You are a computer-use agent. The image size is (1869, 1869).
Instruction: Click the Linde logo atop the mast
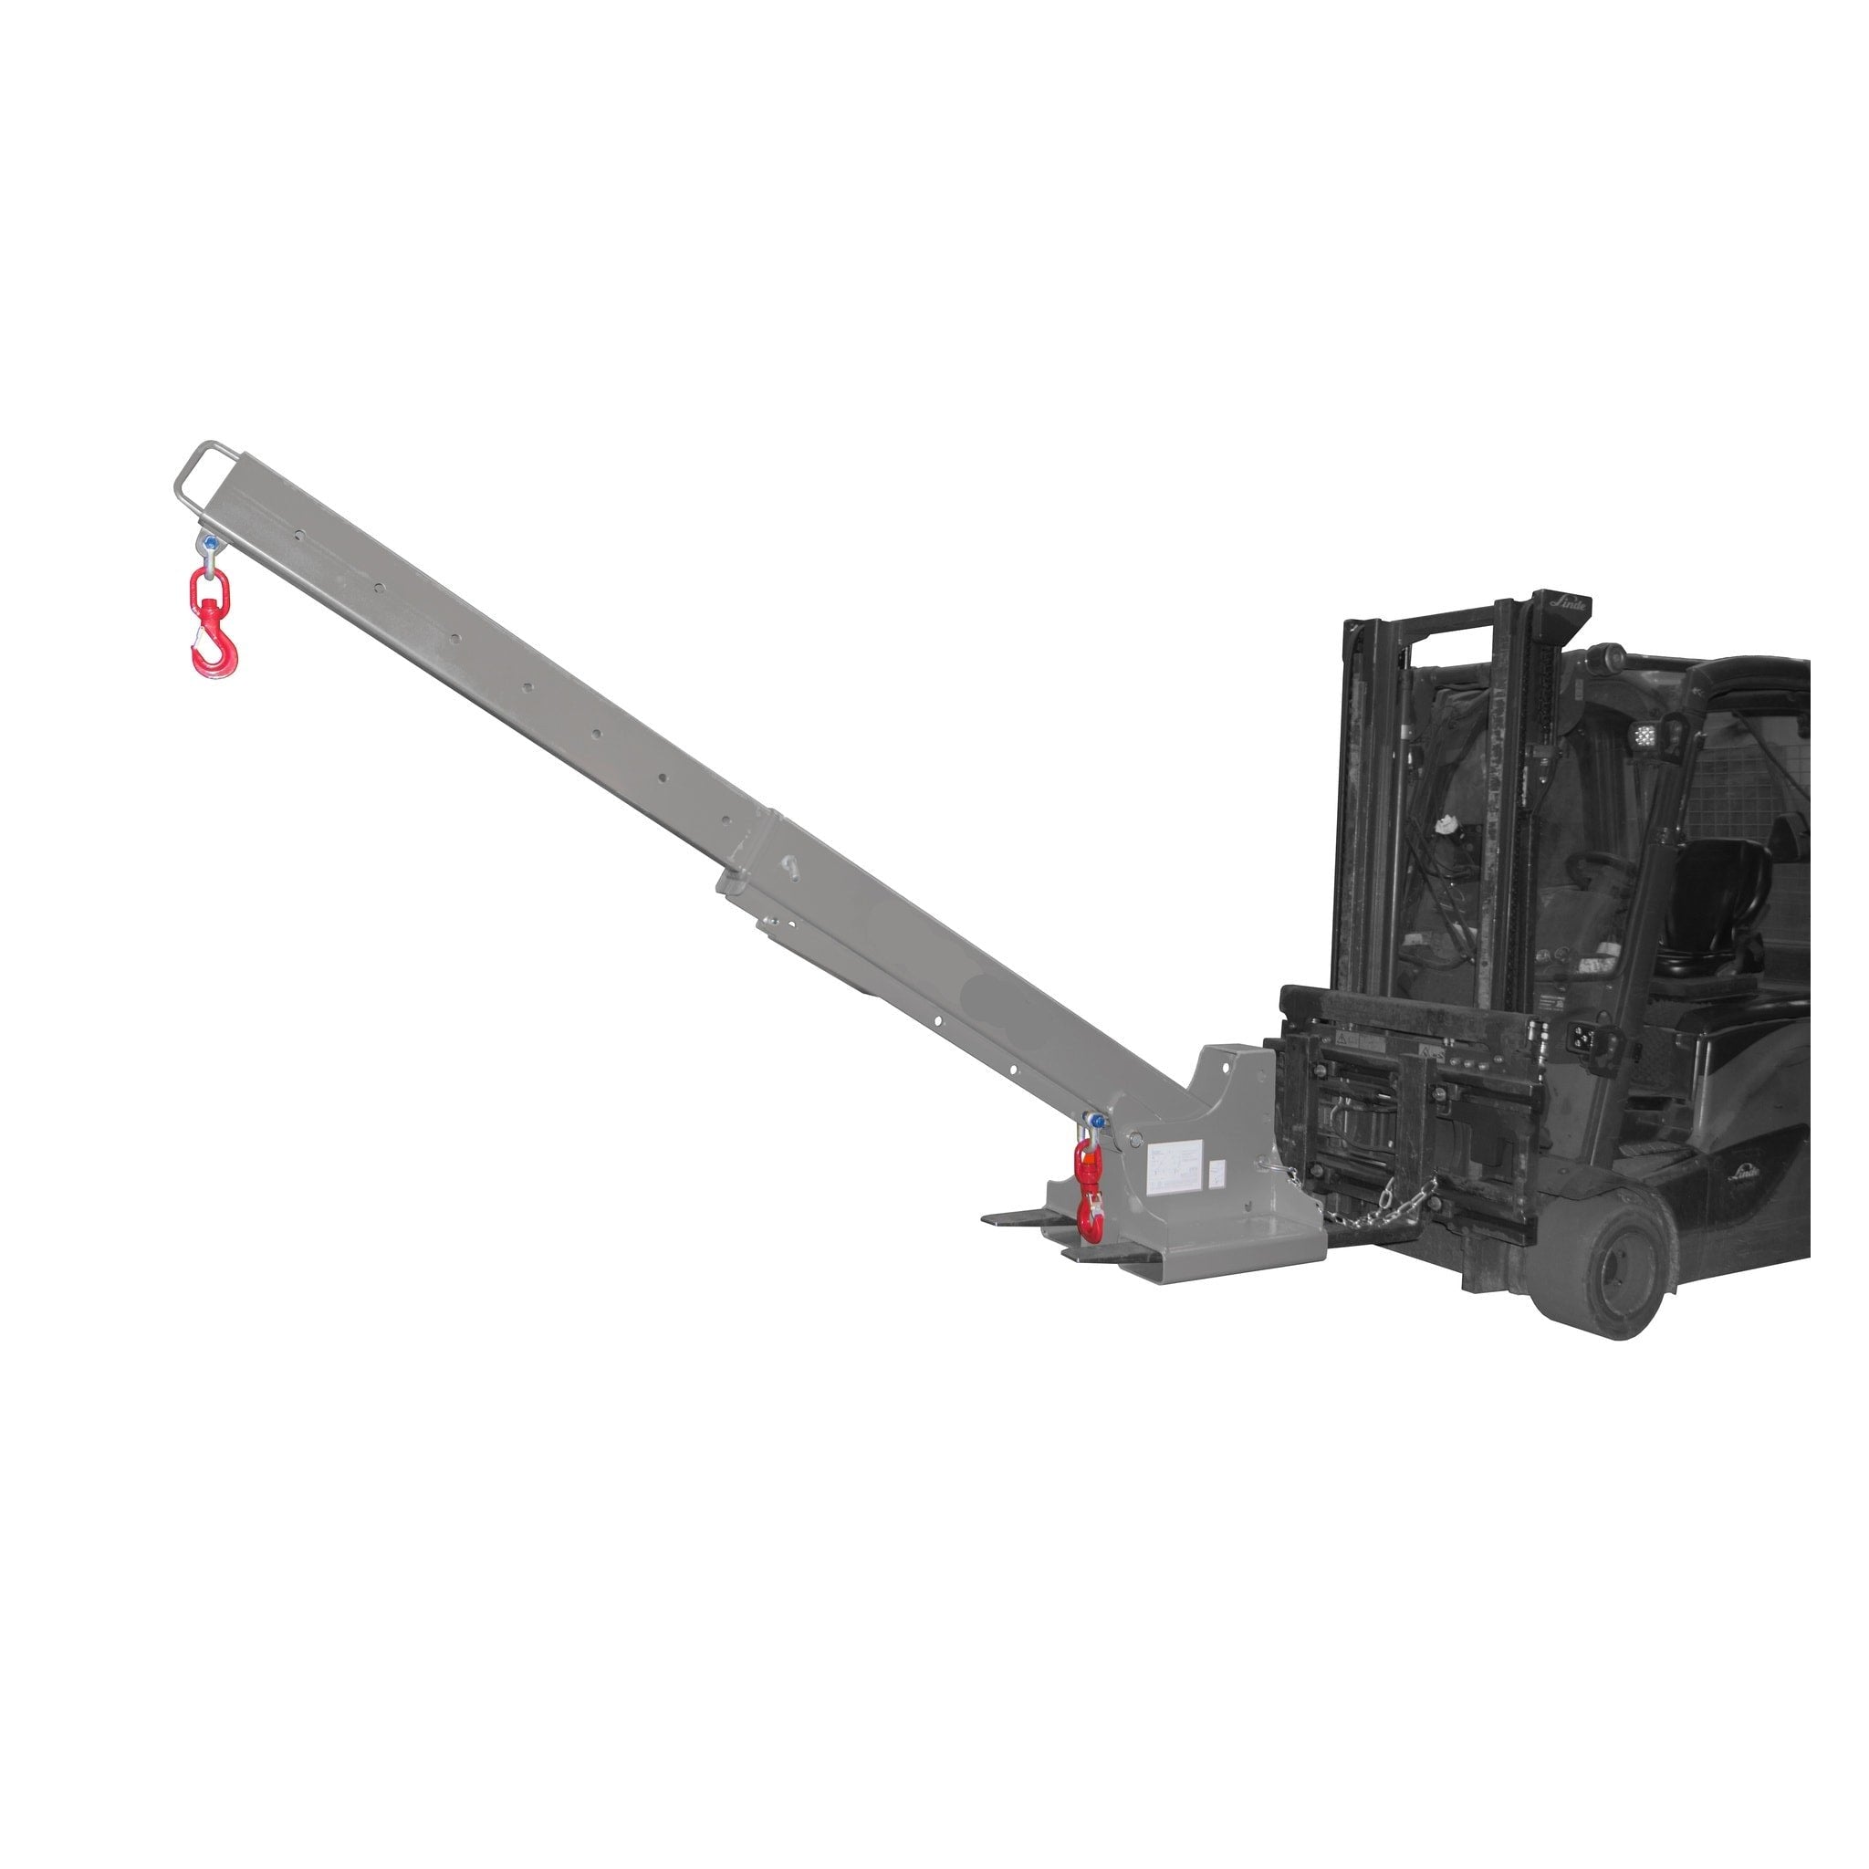click(1568, 601)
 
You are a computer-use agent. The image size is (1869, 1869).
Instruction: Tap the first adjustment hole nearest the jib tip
click(301, 533)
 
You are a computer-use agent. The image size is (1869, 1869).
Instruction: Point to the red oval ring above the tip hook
click(206, 587)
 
